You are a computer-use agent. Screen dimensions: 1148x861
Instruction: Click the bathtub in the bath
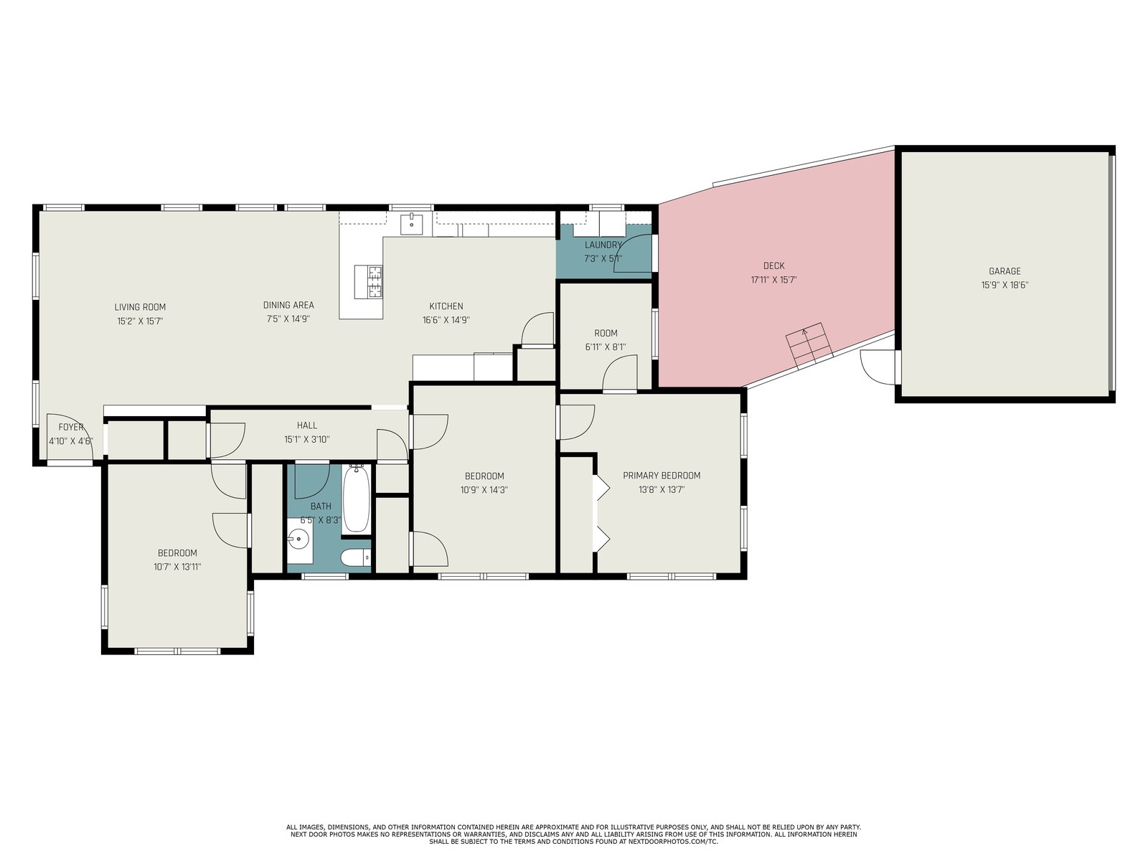click(356, 499)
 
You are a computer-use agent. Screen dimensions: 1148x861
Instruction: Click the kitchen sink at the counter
click(412, 224)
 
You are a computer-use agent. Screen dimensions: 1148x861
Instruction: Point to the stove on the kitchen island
click(368, 282)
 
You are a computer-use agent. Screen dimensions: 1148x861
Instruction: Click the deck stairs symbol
click(809, 346)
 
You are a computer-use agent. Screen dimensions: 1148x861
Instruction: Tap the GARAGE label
click(1004, 271)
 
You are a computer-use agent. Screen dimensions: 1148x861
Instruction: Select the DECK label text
click(773, 265)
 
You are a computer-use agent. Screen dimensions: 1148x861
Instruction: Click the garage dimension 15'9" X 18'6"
click(1004, 286)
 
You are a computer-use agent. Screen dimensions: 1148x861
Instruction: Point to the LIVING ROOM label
click(140, 307)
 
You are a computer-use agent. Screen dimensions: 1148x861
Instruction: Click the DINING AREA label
click(288, 306)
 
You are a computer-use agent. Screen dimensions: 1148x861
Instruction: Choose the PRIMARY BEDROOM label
click(662, 476)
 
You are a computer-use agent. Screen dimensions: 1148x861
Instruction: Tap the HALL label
click(307, 425)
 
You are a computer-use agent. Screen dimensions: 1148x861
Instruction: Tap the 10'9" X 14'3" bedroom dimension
click(484, 490)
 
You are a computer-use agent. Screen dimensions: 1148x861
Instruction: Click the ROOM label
click(606, 333)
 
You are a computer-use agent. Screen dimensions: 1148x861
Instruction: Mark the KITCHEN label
click(446, 306)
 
